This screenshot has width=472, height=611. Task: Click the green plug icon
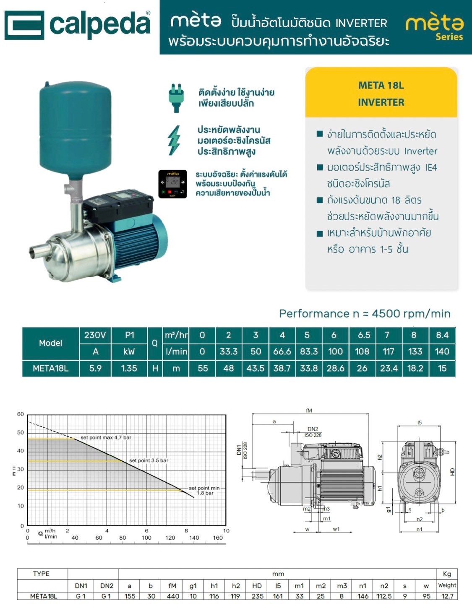point(176,98)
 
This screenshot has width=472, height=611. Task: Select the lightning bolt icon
point(174,140)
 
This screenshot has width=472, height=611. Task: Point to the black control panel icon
point(173,184)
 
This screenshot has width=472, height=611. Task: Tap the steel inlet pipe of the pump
point(40,251)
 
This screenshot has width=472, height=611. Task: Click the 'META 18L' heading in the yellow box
point(381,86)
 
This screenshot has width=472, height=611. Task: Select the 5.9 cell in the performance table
point(95,368)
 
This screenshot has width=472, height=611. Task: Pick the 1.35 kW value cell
point(129,368)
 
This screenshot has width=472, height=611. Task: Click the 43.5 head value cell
point(255,368)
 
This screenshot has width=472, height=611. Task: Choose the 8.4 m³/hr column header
point(442,335)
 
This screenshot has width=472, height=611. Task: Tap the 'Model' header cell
point(50,343)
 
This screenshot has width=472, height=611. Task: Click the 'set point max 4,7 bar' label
point(106,437)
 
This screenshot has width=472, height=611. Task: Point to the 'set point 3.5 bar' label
point(149,460)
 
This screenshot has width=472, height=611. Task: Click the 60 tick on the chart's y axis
point(21,414)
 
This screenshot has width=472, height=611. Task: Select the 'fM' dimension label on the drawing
point(309,411)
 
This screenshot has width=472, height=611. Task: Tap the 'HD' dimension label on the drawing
point(452,472)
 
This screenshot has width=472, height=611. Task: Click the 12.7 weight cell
point(447,596)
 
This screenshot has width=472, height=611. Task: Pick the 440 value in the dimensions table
point(173,596)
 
